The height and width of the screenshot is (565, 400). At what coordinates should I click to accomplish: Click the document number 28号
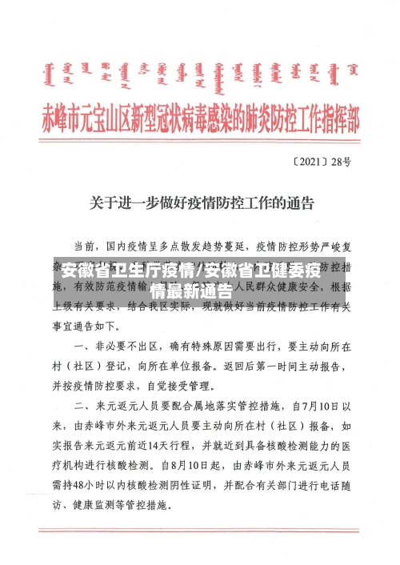pos(342,161)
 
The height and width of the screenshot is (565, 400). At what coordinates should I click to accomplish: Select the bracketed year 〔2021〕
pos(313,161)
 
